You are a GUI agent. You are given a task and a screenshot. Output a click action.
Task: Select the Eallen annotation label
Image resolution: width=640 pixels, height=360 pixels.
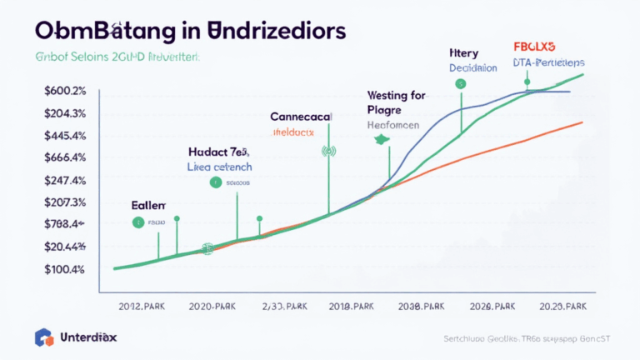148,204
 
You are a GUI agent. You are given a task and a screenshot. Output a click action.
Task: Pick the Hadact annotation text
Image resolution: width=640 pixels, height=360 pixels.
207,152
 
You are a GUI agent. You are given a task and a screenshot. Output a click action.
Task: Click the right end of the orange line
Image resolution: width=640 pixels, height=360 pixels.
581,122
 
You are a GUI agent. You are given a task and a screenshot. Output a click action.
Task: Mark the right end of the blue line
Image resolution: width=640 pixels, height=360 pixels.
570,91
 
